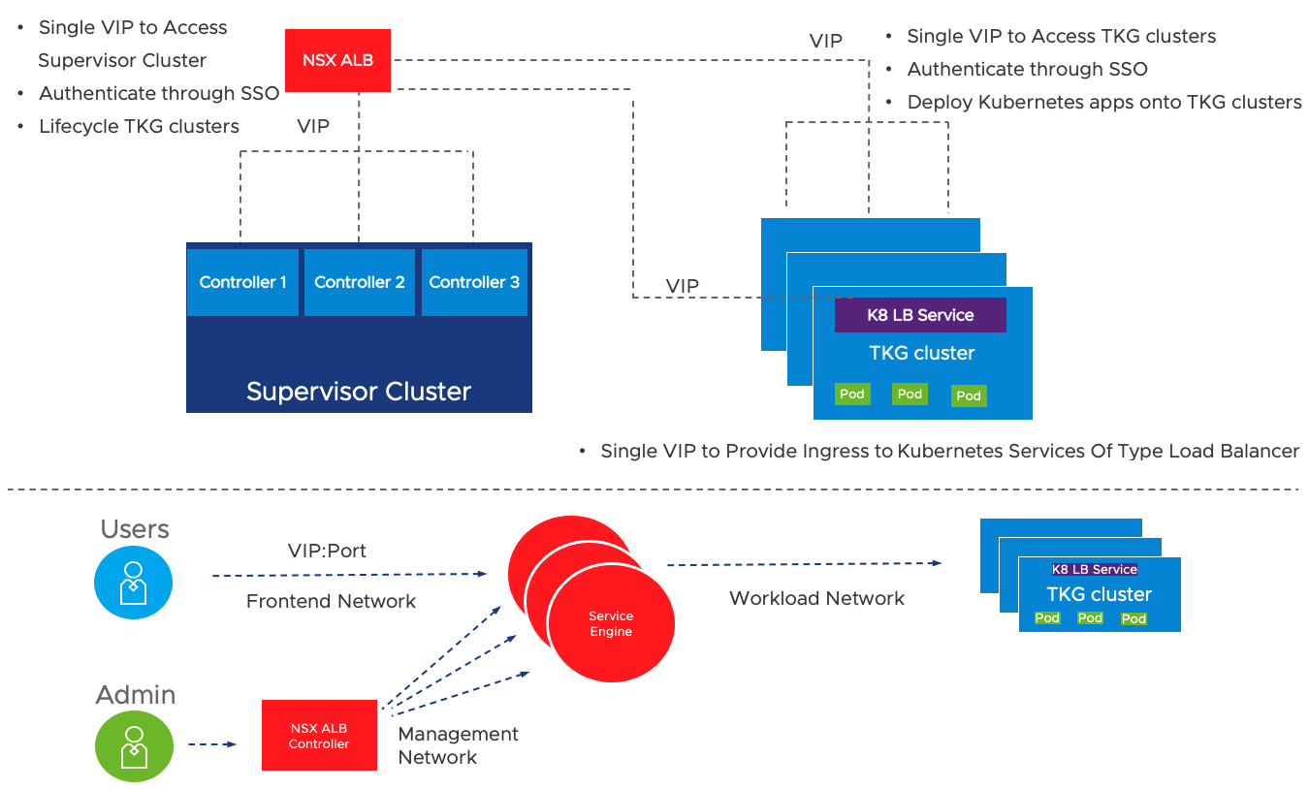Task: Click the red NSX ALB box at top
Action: click(337, 60)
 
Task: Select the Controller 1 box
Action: click(242, 282)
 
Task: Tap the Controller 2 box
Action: click(360, 282)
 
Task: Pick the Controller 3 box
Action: click(474, 282)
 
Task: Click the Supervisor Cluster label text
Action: click(358, 392)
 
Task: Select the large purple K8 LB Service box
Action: click(920, 315)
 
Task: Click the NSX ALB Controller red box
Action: click(319, 736)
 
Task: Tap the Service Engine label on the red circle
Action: click(611, 623)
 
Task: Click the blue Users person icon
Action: click(133, 583)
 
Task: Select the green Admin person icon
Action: click(134, 746)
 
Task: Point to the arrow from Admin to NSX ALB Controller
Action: click(212, 744)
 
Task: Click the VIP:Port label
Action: click(327, 551)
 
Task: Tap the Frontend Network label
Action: click(331, 601)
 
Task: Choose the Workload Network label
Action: click(816, 598)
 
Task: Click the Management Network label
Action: click(458, 745)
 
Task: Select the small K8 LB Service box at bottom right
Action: click(1095, 569)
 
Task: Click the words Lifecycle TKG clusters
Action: click(139, 126)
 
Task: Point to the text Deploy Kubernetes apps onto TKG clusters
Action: click(1104, 102)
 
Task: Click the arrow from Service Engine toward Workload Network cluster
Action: click(804, 564)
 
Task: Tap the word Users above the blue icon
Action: click(135, 528)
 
